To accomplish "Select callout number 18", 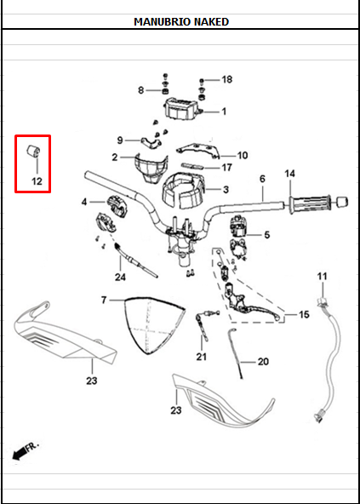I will pyautogui.click(x=226, y=79).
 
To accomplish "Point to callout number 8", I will pyautogui.click(x=141, y=90).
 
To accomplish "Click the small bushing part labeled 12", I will pyautogui.click(x=36, y=153).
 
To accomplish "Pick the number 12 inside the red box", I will pyautogui.click(x=37, y=181).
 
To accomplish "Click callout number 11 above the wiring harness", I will pyautogui.click(x=322, y=277).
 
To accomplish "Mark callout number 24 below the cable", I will pyautogui.click(x=120, y=278).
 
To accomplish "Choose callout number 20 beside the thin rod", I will pyautogui.click(x=262, y=362).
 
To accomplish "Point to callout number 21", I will pyautogui.click(x=201, y=356).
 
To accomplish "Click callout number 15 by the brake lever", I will pyautogui.click(x=304, y=315).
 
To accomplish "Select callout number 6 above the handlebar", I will pyautogui.click(x=262, y=179).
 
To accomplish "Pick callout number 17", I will pyautogui.click(x=226, y=168).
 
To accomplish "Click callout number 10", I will pyautogui.click(x=242, y=156).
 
